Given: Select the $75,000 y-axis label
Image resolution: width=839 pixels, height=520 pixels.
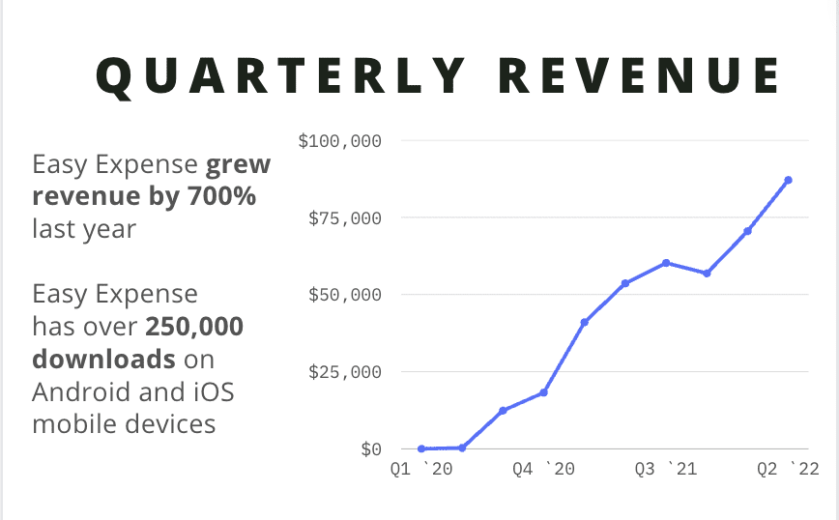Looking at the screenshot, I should [344, 218].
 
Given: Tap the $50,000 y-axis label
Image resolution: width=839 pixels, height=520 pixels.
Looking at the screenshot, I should [344, 295].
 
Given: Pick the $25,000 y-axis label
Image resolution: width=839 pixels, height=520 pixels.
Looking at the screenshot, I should [344, 372].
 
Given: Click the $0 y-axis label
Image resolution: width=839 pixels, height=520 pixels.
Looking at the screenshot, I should [370, 448].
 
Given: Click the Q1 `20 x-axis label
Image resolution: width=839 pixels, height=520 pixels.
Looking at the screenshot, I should [420, 470].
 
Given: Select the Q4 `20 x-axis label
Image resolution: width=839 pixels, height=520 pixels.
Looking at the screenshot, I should [543, 470].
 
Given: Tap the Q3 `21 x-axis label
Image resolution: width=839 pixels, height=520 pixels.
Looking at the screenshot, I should [666, 470].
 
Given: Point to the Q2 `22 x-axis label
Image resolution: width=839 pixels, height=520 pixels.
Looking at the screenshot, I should [788, 470].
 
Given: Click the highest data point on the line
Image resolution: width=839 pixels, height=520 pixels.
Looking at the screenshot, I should [789, 180].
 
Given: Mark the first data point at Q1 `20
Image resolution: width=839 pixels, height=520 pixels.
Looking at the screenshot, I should [421, 448].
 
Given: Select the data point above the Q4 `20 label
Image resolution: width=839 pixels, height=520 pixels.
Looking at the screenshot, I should [543, 392].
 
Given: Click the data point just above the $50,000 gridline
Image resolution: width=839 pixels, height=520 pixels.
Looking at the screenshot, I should [625, 283].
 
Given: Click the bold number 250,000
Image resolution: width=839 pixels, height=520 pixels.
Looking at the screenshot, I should [194, 327].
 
